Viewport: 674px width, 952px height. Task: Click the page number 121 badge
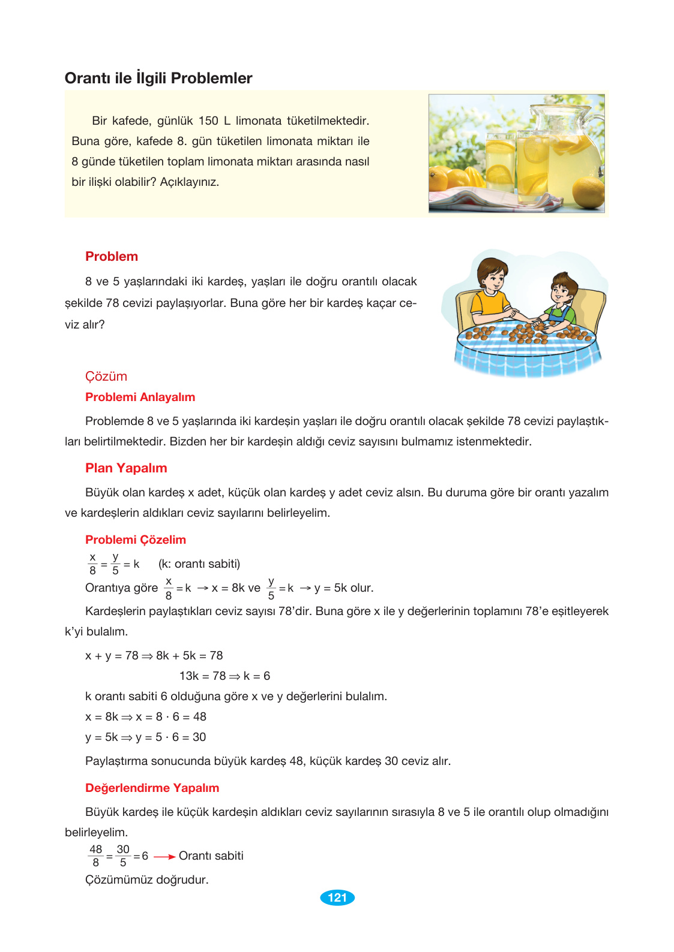pyautogui.click(x=337, y=897)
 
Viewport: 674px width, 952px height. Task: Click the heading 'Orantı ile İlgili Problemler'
pyautogui.click(x=158, y=78)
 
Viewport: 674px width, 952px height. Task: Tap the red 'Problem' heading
pyautogui.click(x=112, y=257)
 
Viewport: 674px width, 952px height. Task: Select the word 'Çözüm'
pyautogui.click(x=106, y=376)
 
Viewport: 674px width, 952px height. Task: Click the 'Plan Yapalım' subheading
pyautogui.click(x=126, y=468)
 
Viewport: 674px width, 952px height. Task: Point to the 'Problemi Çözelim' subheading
pyautogui.click(x=136, y=540)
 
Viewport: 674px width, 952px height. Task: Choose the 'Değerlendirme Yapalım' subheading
pyautogui.click(x=152, y=788)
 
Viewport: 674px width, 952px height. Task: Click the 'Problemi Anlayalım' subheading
pyautogui.click(x=140, y=397)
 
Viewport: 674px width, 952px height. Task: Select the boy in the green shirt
pyautogui.click(x=561, y=300)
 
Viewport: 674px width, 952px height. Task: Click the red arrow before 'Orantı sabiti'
pyautogui.click(x=164, y=857)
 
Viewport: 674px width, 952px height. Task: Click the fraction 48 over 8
pyautogui.click(x=95, y=856)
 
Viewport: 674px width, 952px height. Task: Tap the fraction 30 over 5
pyautogui.click(x=123, y=856)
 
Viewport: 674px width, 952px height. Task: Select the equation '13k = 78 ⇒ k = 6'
pyautogui.click(x=224, y=676)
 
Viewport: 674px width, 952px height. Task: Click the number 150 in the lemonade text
pyautogui.click(x=208, y=121)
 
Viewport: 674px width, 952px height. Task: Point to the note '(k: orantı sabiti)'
pyautogui.click(x=199, y=564)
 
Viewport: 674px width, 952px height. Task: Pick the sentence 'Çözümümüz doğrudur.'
pyautogui.click(x=147, y=879)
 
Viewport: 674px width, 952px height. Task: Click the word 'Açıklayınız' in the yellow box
pyautogui.click(x=189, y=182)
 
